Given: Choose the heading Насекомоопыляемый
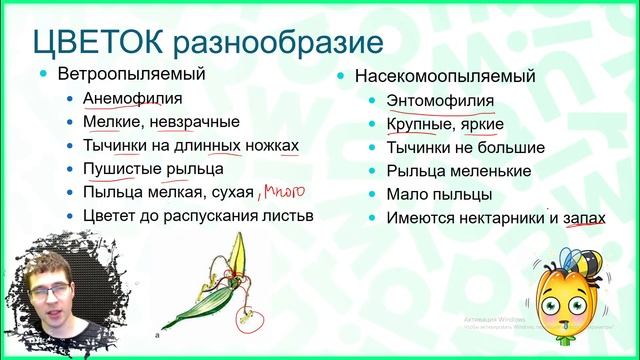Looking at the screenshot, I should (436, 76).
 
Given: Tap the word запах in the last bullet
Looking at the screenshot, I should (581, 216).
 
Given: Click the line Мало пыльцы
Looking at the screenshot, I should (438, 193).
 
